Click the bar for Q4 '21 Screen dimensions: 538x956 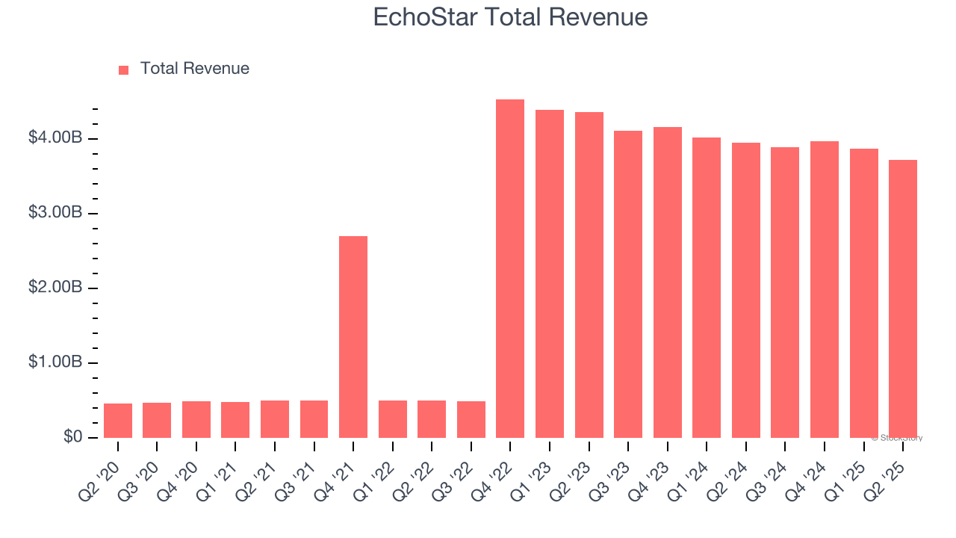[353, 337]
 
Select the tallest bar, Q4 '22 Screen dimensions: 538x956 [510, 269]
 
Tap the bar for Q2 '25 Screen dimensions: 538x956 [903, 299]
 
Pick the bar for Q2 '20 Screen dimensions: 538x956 [118, 421]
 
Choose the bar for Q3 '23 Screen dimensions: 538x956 [628, 285]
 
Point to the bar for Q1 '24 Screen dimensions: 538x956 [707, 288]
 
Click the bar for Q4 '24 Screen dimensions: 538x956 [825, 290]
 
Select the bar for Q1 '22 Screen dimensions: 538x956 [393, 419]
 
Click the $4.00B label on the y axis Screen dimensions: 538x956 [56, 138]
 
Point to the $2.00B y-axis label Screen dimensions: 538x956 [56, 288]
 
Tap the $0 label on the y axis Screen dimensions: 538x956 [72, 437]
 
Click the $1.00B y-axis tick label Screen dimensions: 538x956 [56, 362]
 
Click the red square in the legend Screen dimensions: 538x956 [124, 69]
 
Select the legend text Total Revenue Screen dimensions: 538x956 [195, 69]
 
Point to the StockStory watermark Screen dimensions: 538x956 [897, 438]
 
